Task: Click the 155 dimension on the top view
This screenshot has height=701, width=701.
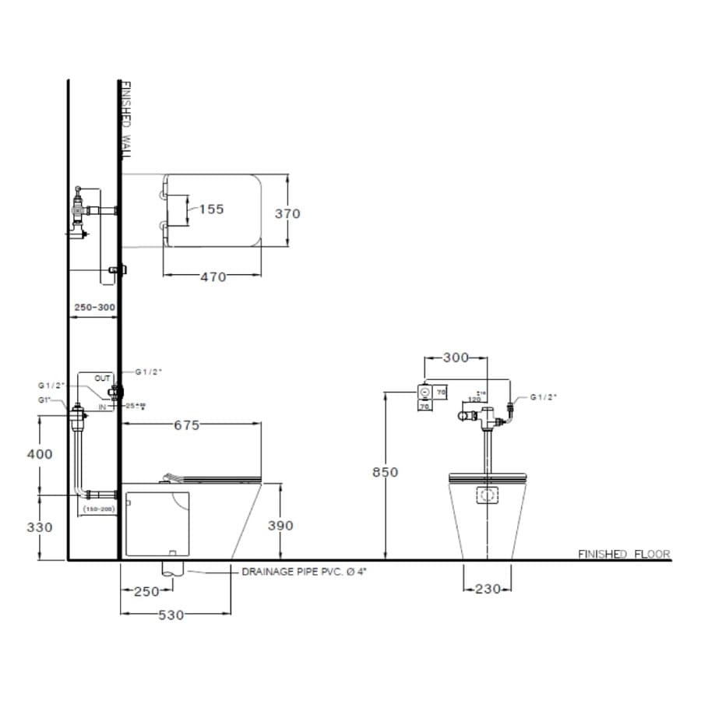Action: point(211,209)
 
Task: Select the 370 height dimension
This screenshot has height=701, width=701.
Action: point(287,213)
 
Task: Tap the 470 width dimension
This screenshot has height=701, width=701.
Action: point(213,277)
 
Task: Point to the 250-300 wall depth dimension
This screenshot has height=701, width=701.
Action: point(94,308)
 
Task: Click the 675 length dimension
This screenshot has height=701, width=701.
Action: point(187,424)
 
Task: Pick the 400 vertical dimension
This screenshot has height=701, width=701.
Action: point(40,454)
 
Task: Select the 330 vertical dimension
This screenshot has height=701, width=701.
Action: point(40,527)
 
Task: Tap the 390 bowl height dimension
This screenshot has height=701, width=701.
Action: point(280,526)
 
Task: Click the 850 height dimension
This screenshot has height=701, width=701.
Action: point(385,472)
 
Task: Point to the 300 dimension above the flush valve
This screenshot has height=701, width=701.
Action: point(456,358)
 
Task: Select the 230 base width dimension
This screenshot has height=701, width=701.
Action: point(488,590)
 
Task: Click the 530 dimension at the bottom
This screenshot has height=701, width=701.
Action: point(171,615)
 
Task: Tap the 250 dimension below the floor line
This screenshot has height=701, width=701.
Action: point(146,591)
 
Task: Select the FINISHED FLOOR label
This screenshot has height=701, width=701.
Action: point(623,555)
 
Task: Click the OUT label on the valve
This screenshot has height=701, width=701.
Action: point(103,378)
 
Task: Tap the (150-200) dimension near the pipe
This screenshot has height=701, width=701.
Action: point(99,509)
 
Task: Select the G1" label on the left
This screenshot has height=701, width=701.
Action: point(45,400)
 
